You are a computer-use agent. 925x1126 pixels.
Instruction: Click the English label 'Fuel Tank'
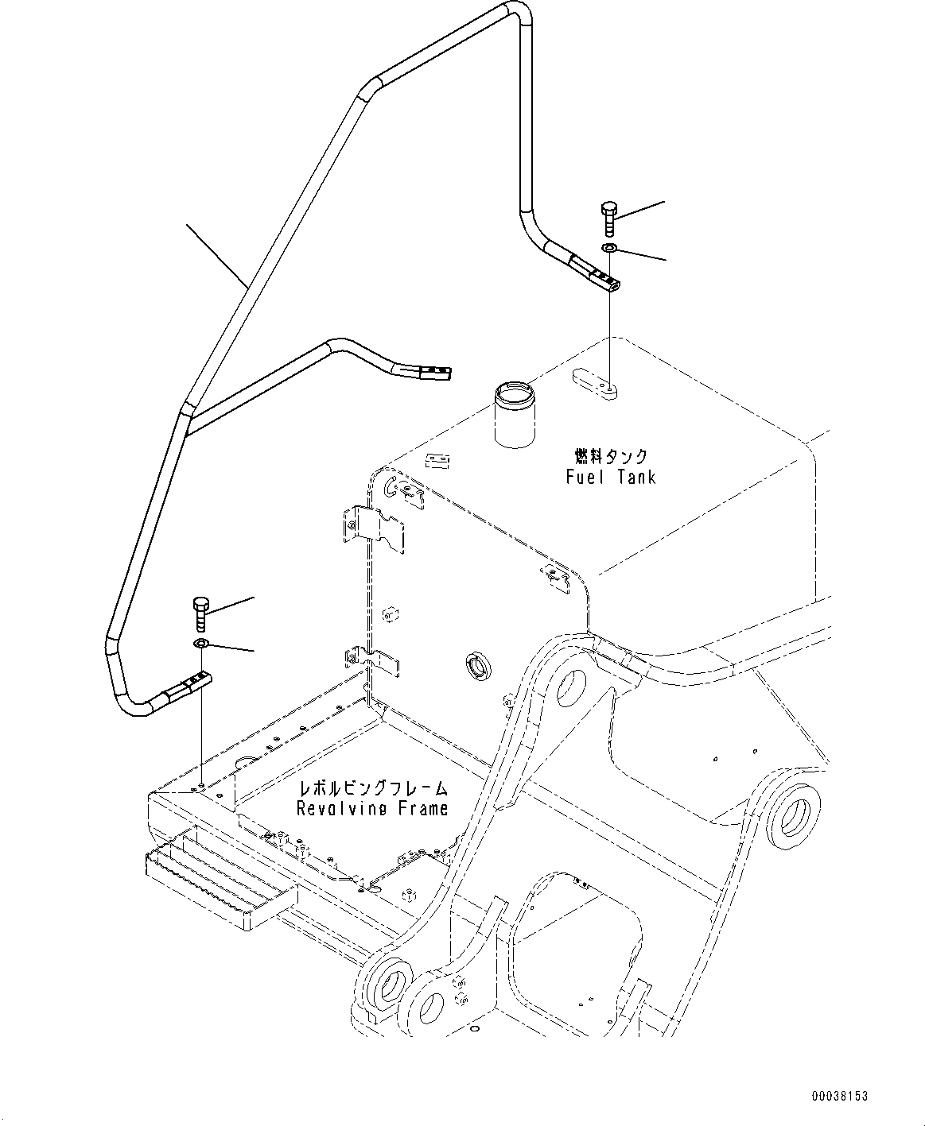pyautogui.click(x=611, y=477)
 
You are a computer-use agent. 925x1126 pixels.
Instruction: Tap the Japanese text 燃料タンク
pyautogui.click(x=611, y=456)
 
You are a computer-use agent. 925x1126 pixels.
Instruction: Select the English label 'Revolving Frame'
pyautogui.click(x=372, y=808)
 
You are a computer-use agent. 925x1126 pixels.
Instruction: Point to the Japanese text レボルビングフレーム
pyautogui.click(x=372, y=788)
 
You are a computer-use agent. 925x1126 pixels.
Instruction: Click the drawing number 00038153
pyautogui.click(x=839, y=1096)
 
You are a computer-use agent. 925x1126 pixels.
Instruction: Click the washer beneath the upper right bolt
pyautogui.click(x=609, y=250)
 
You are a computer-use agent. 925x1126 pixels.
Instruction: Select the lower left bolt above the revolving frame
pyautogui.click(x=200, y=614)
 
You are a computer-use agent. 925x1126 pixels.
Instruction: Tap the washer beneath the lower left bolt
pyautogui.click(x=200, y=643)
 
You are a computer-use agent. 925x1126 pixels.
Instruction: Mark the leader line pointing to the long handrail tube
pyautogui.click(x=215, y=254)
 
